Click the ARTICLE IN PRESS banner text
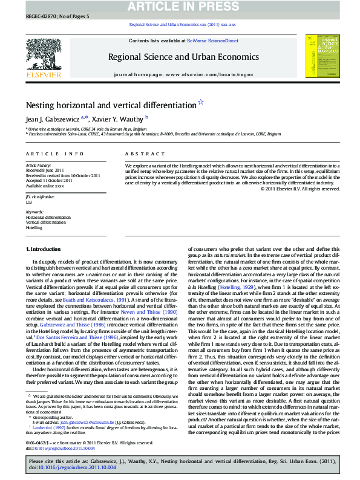point(180,7)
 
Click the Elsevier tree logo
point(43,54)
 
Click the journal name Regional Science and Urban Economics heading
point(183,57)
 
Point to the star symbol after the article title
point(201,103)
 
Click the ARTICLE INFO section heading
point(54,154)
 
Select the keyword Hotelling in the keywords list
point(34,228)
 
